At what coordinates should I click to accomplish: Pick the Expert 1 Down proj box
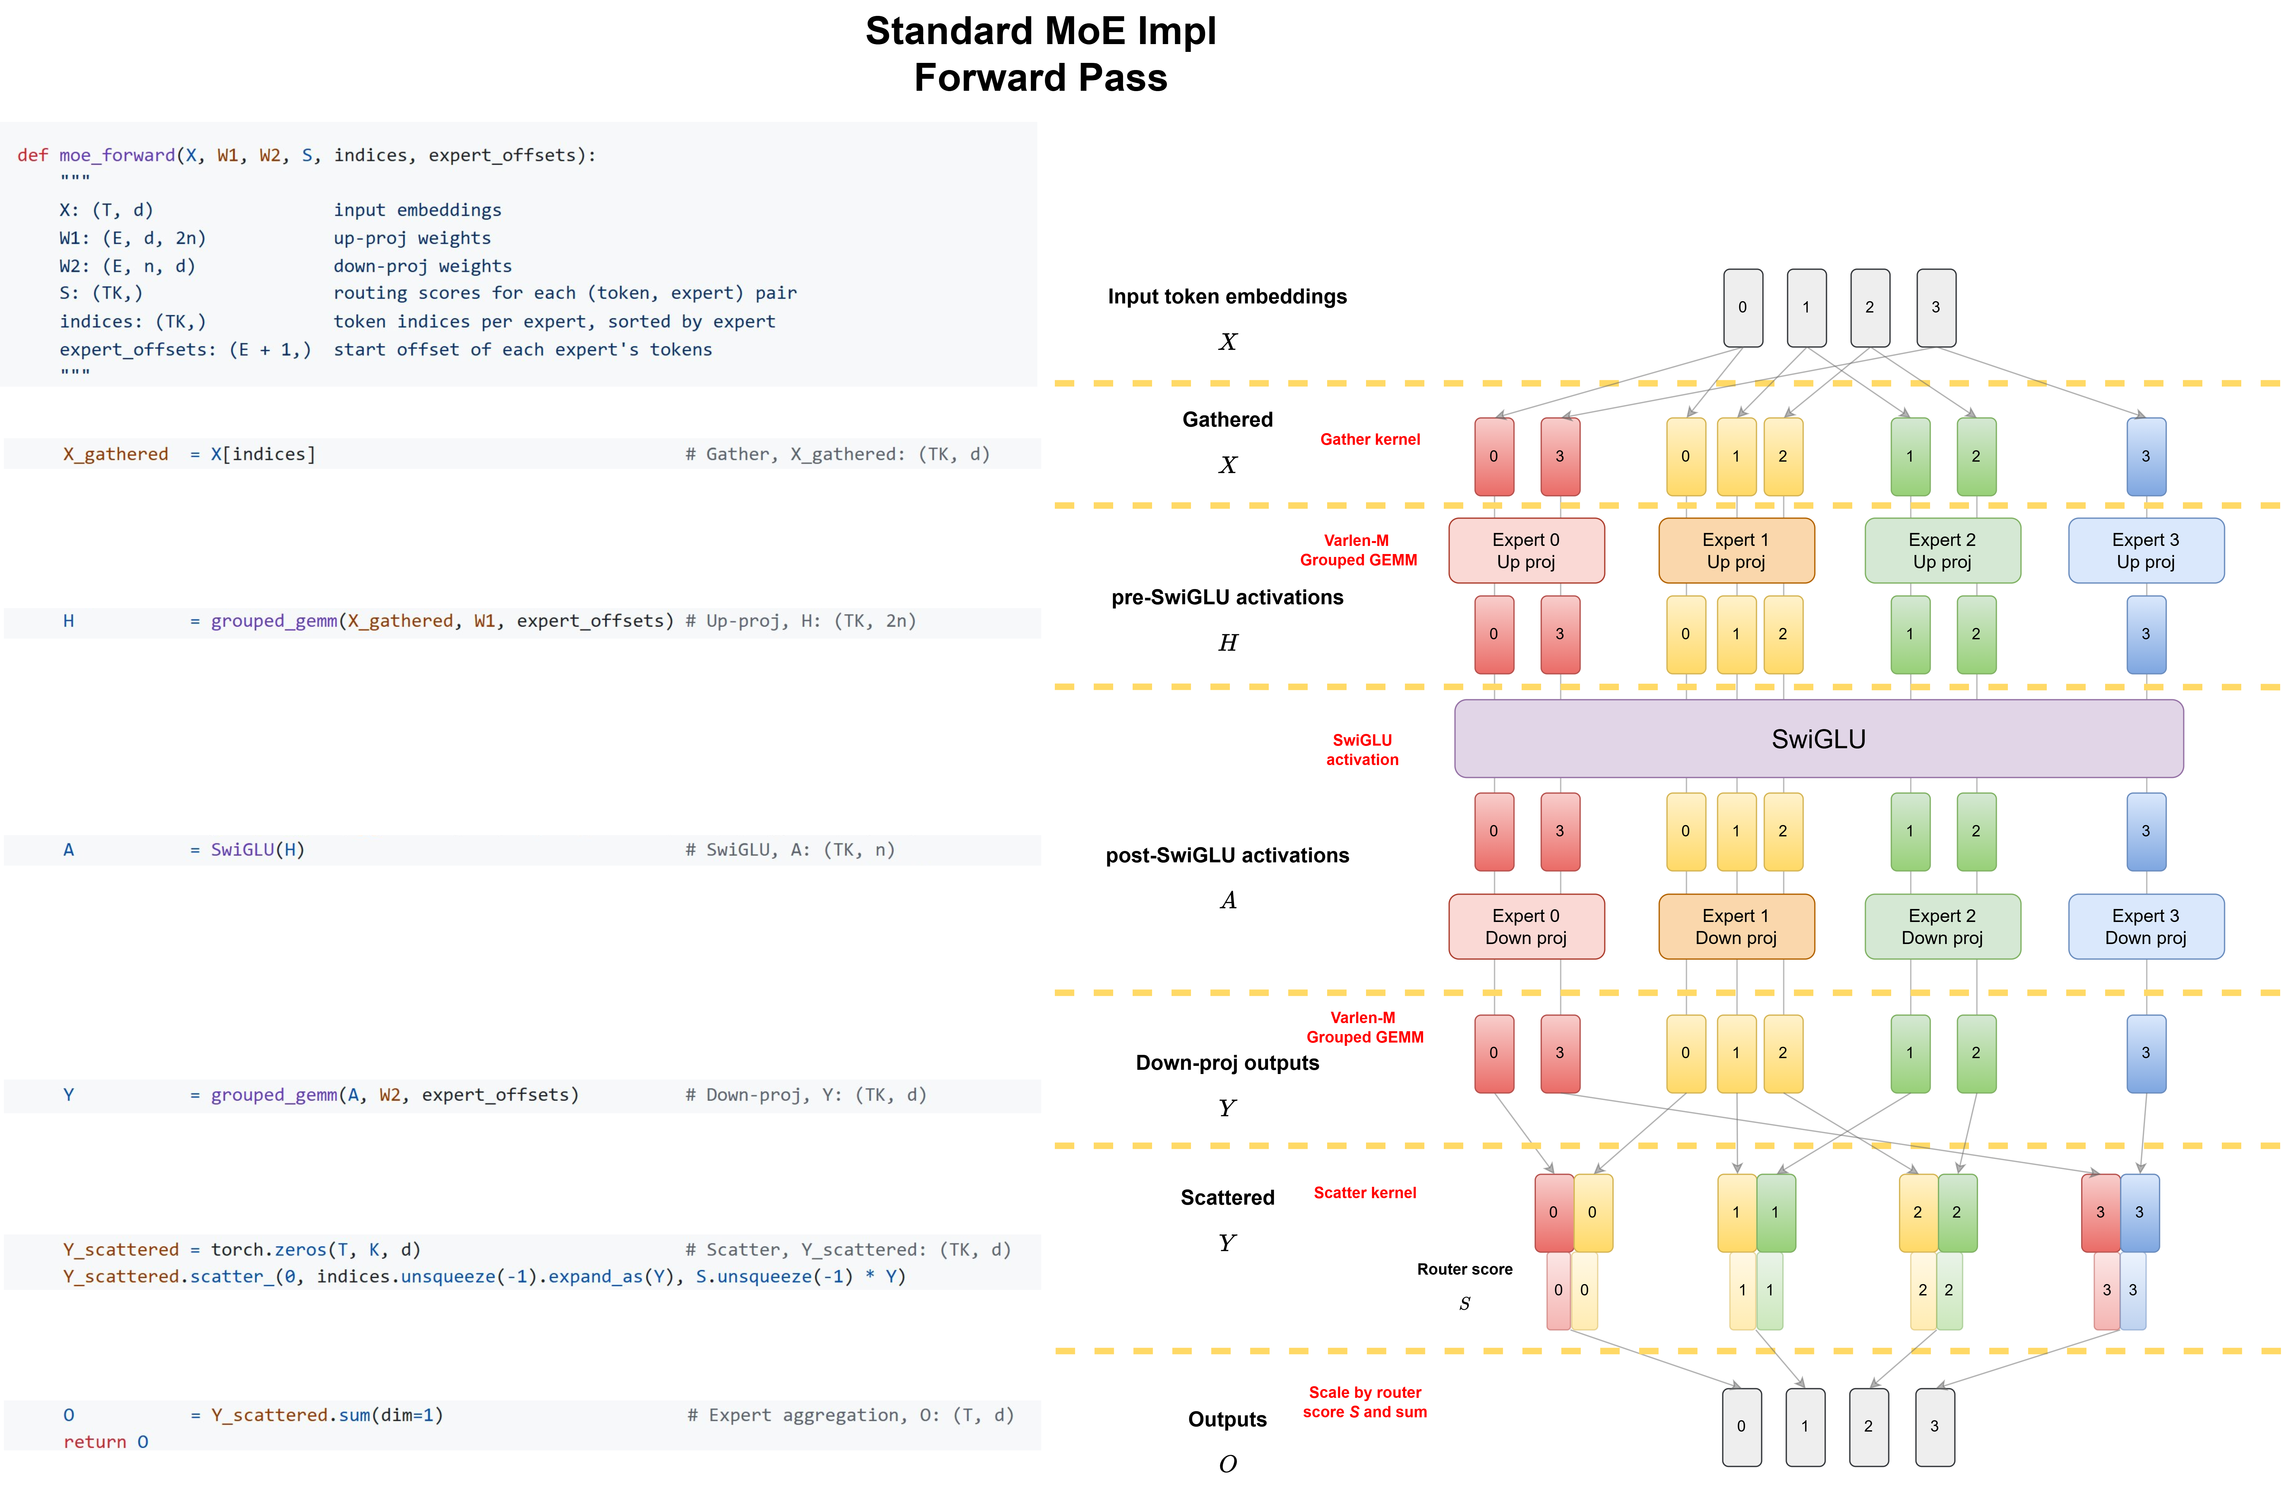pyautogui.click(x=1736, y=927)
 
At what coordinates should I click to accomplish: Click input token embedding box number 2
pyautogui.click(x=1869, y=307)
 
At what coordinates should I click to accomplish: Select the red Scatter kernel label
pyautogui.click(x=1364, y=1193)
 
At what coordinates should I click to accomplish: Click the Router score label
pyautogui.click(x=1464, y=1269)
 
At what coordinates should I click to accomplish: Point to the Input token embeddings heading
pyautogui.click(x=1227, y=297)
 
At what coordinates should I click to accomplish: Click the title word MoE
pyautogui.click(x=1040, y=32)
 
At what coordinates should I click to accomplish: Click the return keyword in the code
pyautogui.click(x=94, y=1441)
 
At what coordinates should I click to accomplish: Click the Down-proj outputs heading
pyautogui.click(x=1227, y=1063)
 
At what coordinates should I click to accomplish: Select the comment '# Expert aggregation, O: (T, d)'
pyautogui.click(x=850, y=1414)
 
